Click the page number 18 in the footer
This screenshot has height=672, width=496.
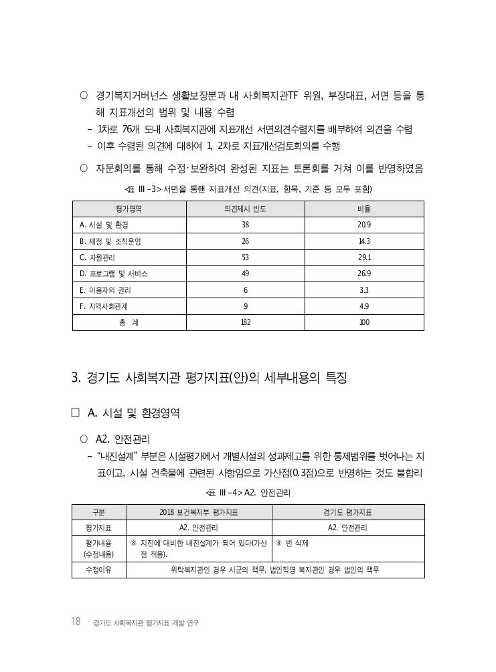tap(76, 622)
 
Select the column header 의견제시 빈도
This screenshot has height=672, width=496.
tap(245, 209)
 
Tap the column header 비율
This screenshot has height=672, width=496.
tap(364, 209)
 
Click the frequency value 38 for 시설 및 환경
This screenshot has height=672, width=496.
tap(245, 225)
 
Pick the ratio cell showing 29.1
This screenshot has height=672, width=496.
tap(364, 257)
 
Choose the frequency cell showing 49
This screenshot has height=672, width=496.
tap(245, 273)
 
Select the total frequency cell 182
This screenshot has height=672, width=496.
tap(245, 322)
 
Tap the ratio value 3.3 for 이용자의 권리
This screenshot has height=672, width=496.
tap(364, 290)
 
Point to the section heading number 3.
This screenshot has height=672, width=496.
tap(76, 378)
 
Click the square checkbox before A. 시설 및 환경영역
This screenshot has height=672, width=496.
tap(76, 413)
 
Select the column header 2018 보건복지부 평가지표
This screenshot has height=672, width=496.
tap(199, 512)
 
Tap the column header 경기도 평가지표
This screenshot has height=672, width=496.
tap(347, 512)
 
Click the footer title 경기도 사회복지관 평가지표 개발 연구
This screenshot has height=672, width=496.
tap(147, 623)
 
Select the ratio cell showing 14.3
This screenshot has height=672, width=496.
tap(364, 241)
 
